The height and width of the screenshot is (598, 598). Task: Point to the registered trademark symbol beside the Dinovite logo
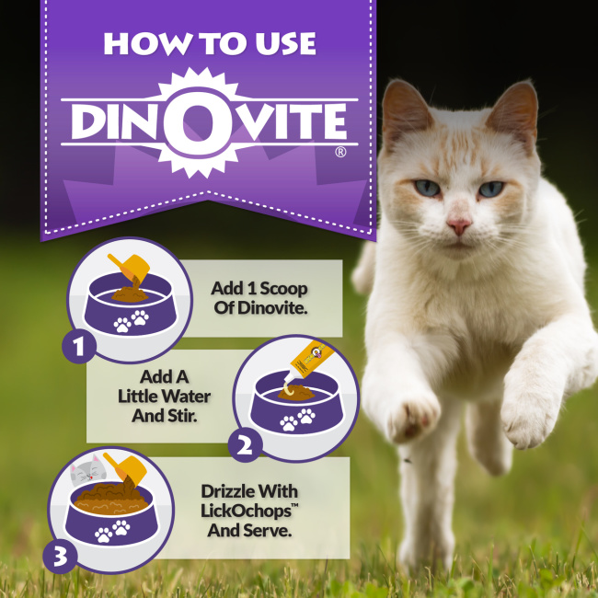point(340,152)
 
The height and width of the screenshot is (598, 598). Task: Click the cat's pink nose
point(459,225)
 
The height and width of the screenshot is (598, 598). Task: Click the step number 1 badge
point(79,346)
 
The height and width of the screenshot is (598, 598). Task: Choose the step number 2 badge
point(245,444)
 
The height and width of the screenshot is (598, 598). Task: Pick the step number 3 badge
point(60,556)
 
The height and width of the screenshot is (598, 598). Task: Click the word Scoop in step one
point(283,289)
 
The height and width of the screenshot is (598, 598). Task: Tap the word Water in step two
point(190,397)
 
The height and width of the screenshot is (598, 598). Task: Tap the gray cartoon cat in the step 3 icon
point(88,471)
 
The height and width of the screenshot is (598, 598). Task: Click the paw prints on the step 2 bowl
point(297,420)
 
